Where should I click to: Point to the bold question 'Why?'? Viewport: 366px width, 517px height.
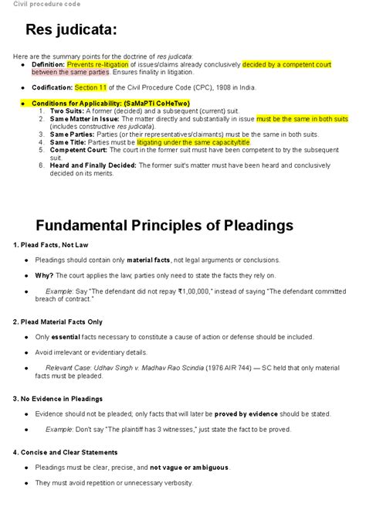(44, 275)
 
